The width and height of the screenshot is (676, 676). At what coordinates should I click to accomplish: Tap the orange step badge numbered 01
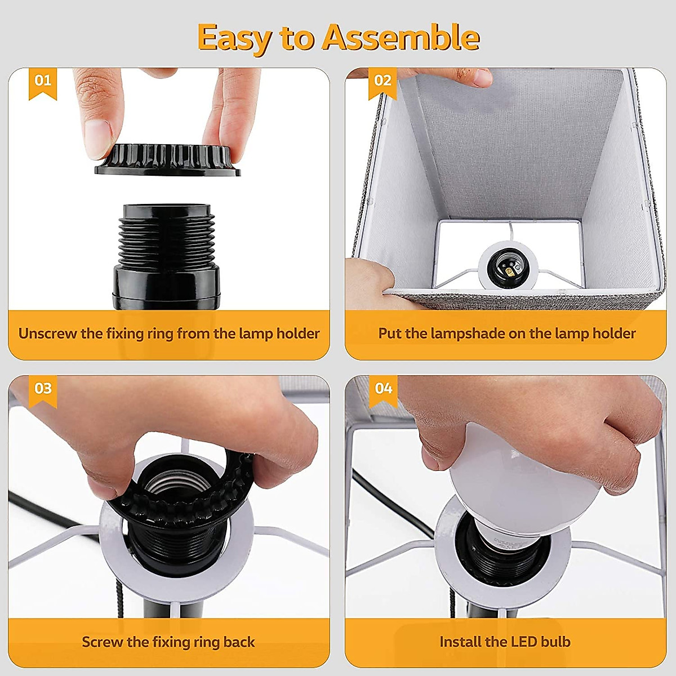pos(42,83)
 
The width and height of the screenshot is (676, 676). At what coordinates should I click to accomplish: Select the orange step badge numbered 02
pos(383,83)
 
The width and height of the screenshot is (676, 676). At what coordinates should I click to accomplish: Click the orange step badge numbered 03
pos(43,391)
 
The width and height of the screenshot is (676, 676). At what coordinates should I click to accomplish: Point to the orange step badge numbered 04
pos(383,391)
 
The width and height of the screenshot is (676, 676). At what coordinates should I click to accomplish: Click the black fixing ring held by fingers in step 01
pos(168,159)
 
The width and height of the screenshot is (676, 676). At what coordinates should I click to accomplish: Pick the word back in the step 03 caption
pos(239,642)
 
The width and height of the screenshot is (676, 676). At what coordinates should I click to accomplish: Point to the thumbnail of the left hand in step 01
pos(97,139)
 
